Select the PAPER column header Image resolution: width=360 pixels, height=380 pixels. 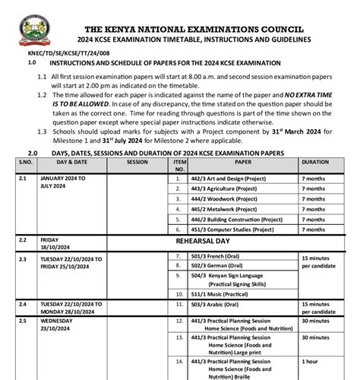click(x=242, y=162)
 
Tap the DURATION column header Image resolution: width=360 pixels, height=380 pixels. click(x=315, y=162)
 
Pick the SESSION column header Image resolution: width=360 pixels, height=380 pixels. click(x=137, y=162)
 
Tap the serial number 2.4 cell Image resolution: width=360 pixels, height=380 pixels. click(x=23, y=303)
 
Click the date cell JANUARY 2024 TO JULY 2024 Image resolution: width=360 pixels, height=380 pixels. click(x=64, y=181)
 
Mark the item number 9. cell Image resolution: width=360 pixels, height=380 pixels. click(x=178, y=277)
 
